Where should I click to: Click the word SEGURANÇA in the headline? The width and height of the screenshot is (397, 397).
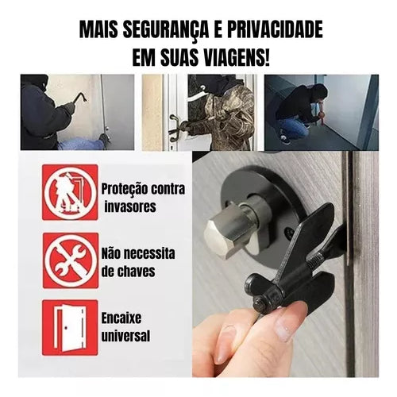coord(162,31)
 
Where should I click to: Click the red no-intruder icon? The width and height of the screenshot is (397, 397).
coord(70,192)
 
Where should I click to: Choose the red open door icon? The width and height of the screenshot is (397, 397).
coord(70,327)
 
